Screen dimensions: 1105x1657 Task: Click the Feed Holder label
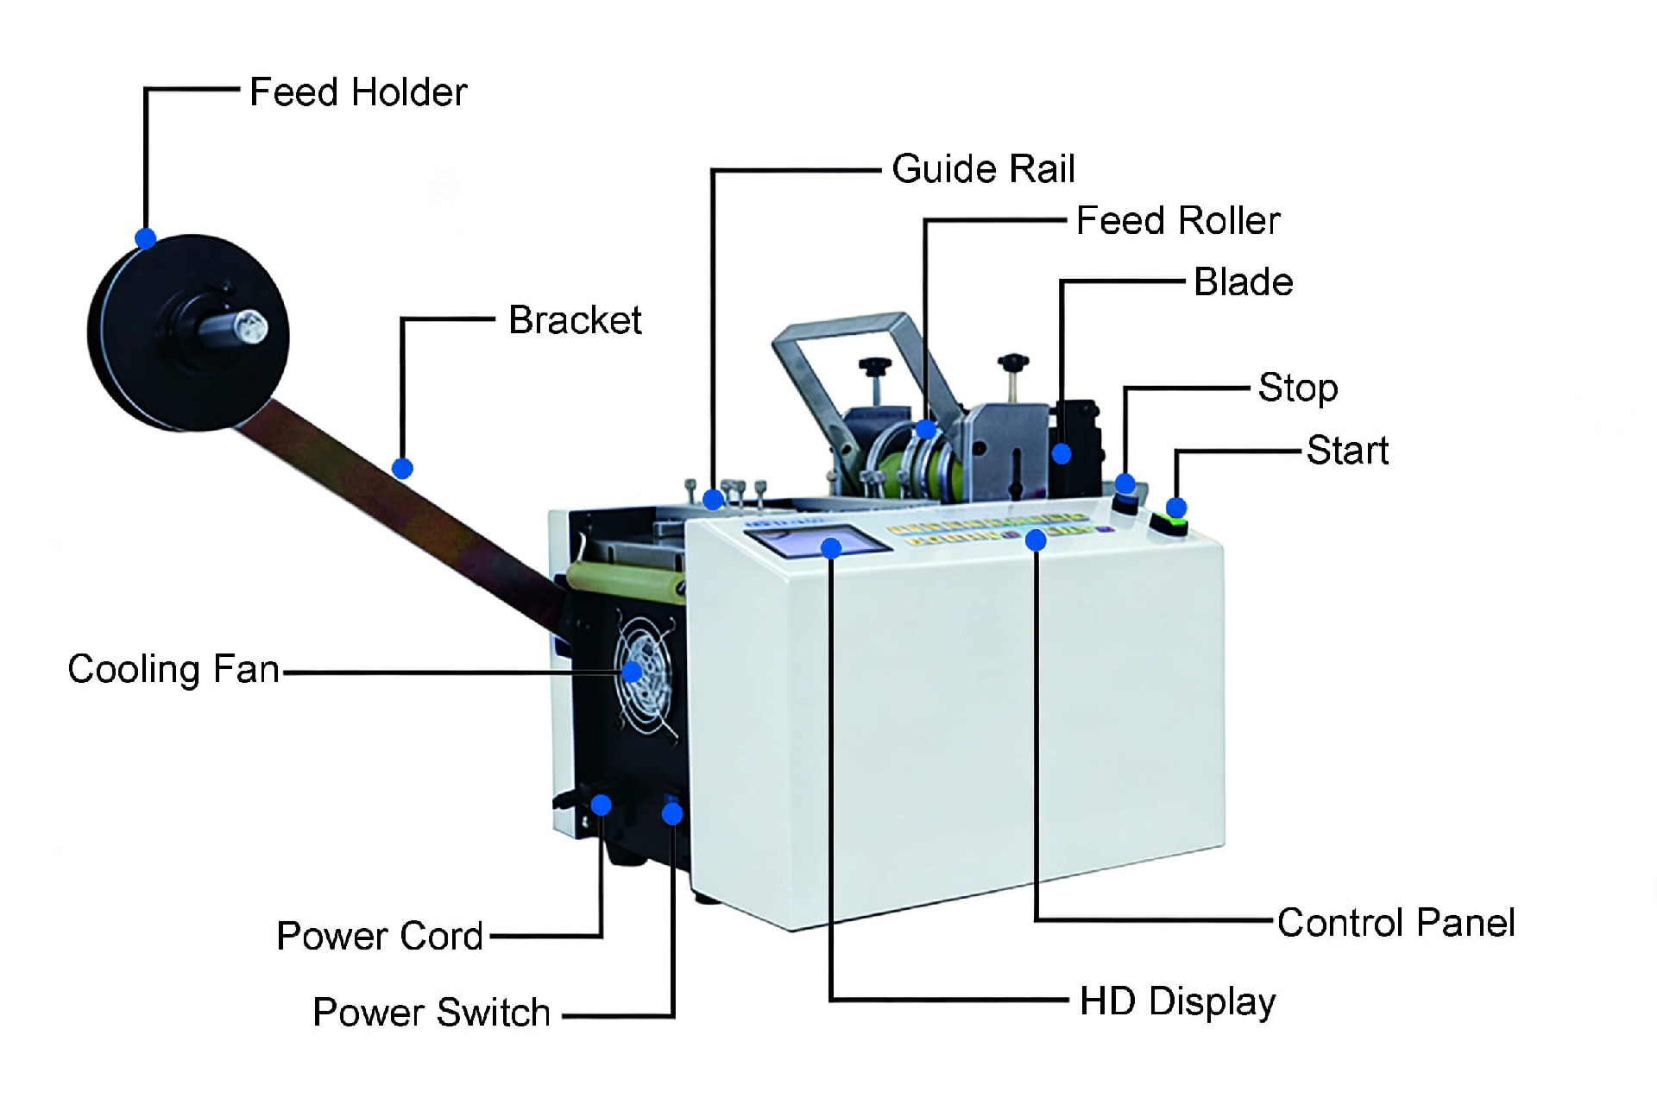pos(358,92)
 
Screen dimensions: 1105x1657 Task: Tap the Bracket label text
pos(575,320)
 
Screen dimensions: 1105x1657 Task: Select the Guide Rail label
pos(983,168)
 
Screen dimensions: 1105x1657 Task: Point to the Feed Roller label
pos(1178,221)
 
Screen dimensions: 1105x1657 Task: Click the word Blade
pos(1243,282)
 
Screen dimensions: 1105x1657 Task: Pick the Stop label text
pos(1297,388)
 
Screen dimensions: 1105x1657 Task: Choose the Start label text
pos(1347,451)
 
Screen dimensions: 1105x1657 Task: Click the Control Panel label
pos(1396,923)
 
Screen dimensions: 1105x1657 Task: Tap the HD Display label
pos(1177,1001)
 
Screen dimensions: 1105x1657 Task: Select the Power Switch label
pos(432,1012)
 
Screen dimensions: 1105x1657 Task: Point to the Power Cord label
pos(380,936)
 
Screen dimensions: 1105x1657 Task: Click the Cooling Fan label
pos(173,669)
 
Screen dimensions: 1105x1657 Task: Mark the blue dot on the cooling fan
pos(633,671)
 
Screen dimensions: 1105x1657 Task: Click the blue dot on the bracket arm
pos(402,468)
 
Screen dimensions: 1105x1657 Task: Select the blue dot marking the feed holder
pos(146,238)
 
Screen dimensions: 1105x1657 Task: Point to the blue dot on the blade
pos(1062,453)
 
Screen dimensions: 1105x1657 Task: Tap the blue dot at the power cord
pos(602,805)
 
